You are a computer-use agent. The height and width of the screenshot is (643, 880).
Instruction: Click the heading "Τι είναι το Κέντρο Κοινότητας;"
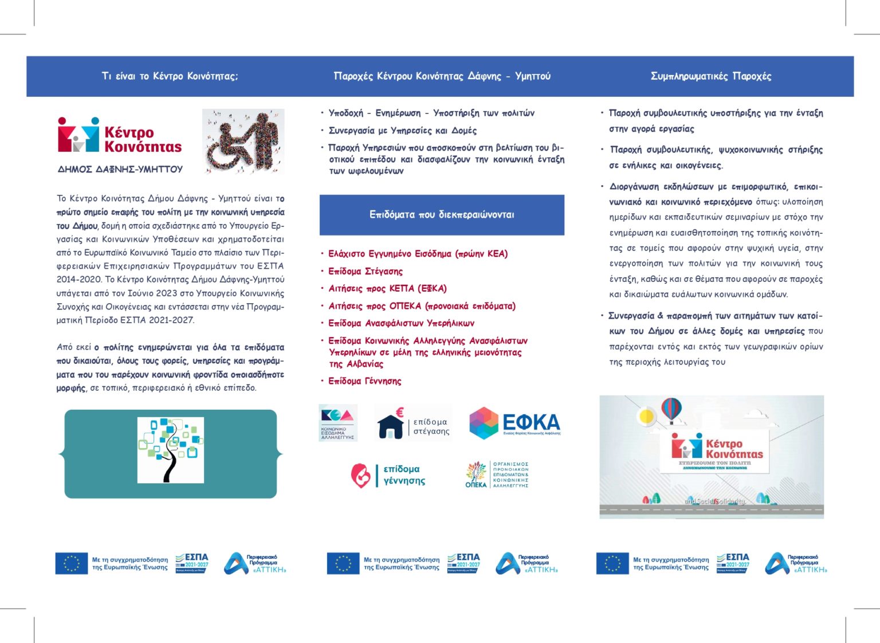tap(170, 76)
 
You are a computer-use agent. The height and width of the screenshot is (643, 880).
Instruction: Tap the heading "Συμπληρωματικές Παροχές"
tap(710, 76)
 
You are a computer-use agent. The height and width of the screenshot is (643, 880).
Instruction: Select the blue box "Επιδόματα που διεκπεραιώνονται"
tap(442, 215)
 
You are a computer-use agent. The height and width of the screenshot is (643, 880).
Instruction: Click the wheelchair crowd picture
tap(243, 141)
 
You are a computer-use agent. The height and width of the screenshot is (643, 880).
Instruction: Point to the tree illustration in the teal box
tap(170, 450)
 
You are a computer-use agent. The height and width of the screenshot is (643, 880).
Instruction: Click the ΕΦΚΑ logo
tap(514, 423)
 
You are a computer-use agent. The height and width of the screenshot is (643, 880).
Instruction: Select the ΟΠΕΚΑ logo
tap(497, 475)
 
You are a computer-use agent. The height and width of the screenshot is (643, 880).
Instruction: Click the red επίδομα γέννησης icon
tap(360, 475)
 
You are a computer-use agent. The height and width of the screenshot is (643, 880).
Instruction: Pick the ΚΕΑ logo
tap(337, 422)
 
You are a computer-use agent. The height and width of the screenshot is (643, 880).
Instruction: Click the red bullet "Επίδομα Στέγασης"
tap(365, 271)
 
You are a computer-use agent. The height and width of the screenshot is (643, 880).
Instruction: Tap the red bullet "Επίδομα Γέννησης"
tap(364, 381)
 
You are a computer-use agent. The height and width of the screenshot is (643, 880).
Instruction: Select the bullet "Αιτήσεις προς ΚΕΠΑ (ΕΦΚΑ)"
tap(387, 288)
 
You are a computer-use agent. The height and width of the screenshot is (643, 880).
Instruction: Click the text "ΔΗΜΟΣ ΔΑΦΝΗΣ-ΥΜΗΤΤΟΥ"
tap(120, 169)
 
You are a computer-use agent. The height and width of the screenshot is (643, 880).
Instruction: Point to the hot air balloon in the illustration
tap(671, 410)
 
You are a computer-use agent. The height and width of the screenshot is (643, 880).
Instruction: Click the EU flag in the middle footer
tap(343, 563)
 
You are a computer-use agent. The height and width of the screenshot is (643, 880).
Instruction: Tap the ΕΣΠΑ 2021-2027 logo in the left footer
tap(192, 563)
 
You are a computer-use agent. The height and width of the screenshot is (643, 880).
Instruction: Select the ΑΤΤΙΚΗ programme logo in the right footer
tap(796, 563)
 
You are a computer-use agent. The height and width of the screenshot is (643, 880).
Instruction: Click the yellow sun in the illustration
tap(647, 415)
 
